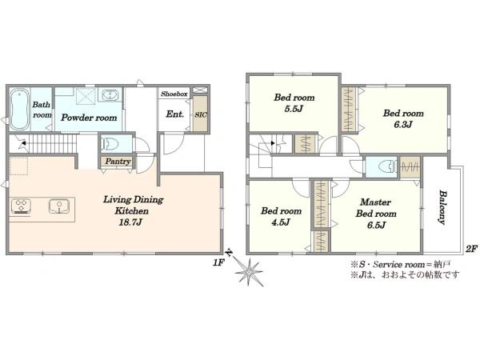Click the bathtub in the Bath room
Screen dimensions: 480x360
(19, 110)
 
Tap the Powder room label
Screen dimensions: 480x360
(89, 118)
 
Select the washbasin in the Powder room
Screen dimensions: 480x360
(110, 94)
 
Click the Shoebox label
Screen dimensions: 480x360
(174, 94)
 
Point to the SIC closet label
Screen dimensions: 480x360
(201, 115)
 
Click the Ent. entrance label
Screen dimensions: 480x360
(174, 114)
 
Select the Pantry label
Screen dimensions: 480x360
(118, 161)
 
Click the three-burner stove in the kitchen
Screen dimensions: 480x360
(21, 206)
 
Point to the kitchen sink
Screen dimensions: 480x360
(58, 206)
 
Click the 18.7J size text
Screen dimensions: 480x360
(130, 222)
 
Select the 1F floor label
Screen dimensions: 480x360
(219, 262)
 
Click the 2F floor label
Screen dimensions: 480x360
(471, 250)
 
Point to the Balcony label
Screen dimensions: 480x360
(442, 207)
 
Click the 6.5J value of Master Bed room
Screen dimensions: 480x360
(376, 226)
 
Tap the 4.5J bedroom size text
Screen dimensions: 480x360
(281, 222)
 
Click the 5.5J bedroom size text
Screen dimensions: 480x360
(294, 109)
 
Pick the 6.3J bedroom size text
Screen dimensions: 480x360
(403, 125)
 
